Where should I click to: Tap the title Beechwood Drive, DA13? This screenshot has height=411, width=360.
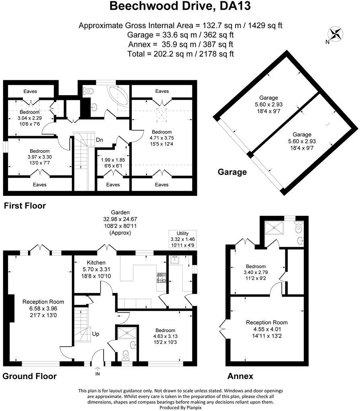[x=180, y=7]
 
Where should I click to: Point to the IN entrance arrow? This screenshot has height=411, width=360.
[x=98, y=371]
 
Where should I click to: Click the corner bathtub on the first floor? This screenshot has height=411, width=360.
[x=117, y=96]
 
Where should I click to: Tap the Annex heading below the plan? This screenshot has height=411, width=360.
[x=240, y=376]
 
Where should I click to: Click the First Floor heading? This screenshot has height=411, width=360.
[x=25, y=206]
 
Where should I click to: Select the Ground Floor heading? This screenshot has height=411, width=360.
[x=29, y=376]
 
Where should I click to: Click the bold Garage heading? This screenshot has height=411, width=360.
[x=232, y=172]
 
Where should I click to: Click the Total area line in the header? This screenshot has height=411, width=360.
[x=180, y=53]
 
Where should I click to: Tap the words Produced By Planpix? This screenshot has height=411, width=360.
[x=180, y=407]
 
